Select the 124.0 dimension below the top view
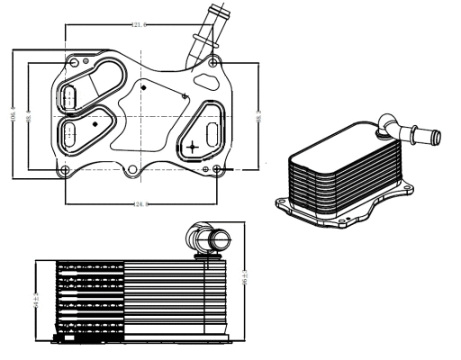(141, 205)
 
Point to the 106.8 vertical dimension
(14, 114)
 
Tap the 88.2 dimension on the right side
(258, 115)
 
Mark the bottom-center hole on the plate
(131, 171)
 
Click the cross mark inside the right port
(192, 143)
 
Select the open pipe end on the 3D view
(434, 138)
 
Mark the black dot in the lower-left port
(95, 120)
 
